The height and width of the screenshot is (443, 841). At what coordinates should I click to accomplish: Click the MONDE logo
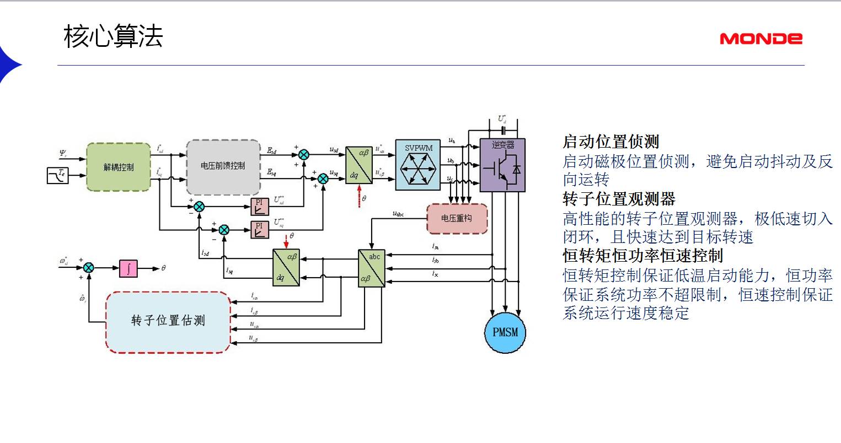[x=760, y=39]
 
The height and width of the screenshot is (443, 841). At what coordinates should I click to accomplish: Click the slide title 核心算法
[x=113, y=37]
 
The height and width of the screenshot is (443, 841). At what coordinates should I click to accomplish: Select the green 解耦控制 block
[x=119, y=167]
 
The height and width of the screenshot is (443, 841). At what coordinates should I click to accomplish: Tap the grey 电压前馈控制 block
[x=223, y=166]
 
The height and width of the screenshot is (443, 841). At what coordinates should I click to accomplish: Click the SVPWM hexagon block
[x=418, y=165]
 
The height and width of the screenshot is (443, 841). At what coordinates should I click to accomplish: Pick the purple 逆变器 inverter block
[x=502, y=165]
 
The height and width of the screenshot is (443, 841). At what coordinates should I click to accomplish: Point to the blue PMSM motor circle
[x=505, y=332]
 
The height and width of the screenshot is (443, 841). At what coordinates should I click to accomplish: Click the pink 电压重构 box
[x=457, y=219]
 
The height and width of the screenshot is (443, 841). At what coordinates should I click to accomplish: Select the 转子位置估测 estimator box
[x=168, y=321]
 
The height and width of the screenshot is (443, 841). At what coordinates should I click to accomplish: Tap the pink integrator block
[x=128, y=268]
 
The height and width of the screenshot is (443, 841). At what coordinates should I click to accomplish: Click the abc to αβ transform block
[x=371, y=268]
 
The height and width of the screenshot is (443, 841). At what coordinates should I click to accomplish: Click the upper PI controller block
[x=260, y=207]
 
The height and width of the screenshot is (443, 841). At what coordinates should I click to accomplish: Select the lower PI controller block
[x=260, y=229]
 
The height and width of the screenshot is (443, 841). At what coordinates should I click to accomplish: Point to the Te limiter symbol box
[x=58, y=175]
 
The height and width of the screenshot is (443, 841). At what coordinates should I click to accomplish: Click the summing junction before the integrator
[x=88, y=268]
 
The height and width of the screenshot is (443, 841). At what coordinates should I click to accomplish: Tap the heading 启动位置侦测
[x=610, y=142]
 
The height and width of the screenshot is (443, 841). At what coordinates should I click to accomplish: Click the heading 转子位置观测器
[x=619, y=199]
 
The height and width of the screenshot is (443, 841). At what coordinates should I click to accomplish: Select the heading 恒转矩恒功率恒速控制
[x=642, y=256]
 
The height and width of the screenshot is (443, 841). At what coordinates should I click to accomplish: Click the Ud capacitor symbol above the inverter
[x=502, y=131]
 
